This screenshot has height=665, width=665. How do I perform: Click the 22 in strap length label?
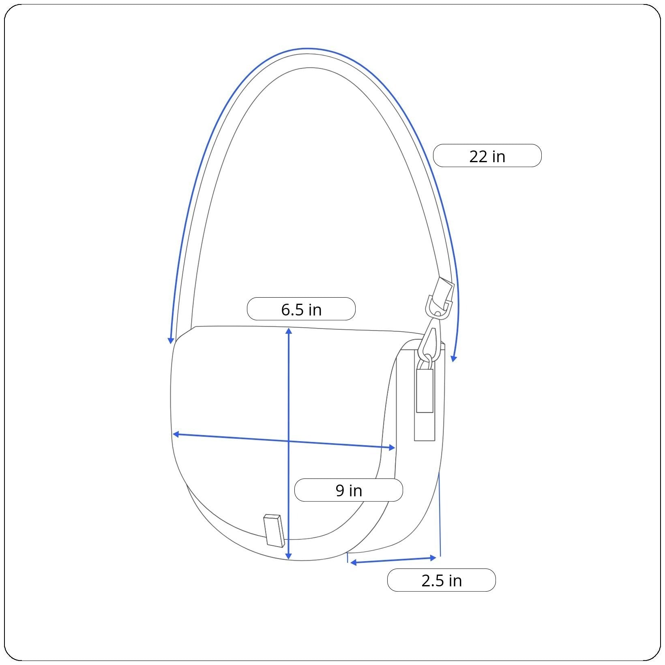coord(487,156)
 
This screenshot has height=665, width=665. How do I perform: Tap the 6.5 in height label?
coord(301,309)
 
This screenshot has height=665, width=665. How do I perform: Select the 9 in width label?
coord(349,490)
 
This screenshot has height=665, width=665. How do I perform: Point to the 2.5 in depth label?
coord(442,581)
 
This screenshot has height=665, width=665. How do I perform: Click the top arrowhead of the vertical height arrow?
coord(288,330)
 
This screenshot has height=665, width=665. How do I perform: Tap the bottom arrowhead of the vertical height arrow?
coord(288,556)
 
